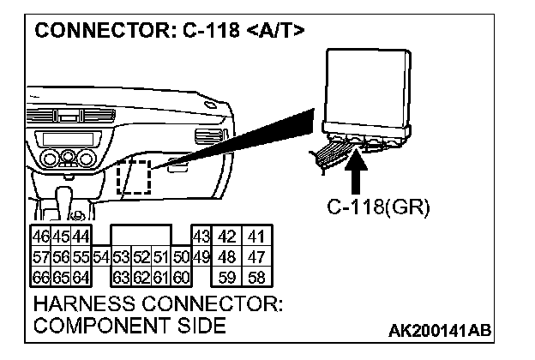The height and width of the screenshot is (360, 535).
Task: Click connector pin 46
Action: tap(39, 235)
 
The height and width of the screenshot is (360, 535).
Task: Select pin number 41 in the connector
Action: tap(255, 235)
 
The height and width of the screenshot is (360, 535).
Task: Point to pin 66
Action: tap(39, 276)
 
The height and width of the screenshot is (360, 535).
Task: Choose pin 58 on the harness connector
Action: tap(255, 276)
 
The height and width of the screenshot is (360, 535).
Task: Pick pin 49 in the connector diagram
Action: tap(201, 255)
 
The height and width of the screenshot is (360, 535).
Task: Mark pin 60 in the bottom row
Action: tap(181, 276)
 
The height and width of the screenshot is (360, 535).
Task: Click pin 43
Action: tap(201, 235)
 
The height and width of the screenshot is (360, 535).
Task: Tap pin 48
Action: tap(228, 255)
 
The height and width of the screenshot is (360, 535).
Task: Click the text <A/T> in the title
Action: tap(274, 32)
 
